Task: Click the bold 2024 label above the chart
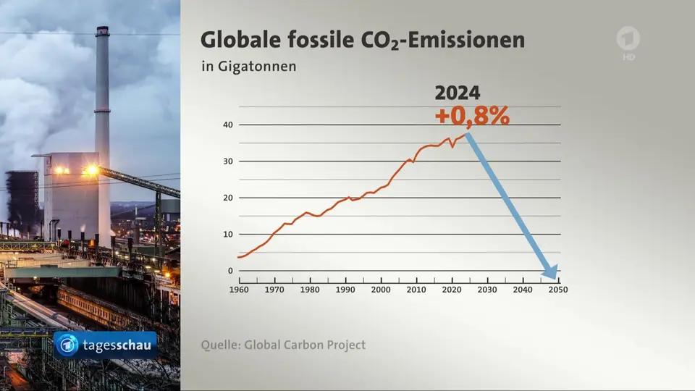click(x=457, y=93)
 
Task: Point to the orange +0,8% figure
click(x=472, y=116)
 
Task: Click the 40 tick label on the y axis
click(x=227, y=125)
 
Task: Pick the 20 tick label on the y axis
click(x=227, y=198)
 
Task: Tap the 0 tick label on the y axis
click(x=230, y=271)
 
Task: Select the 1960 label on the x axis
click(x=238, y=290)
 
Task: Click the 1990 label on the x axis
click(x=345, y=290)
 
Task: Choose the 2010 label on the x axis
click(x=416, y=290)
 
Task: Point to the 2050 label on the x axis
click(x=557, y=290)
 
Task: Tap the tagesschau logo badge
click(x=106, y=345)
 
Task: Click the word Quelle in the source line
click(x=220, y=345)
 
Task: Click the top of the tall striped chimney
click(x=102, y=30)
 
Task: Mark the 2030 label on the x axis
click(x=486, y=290)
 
